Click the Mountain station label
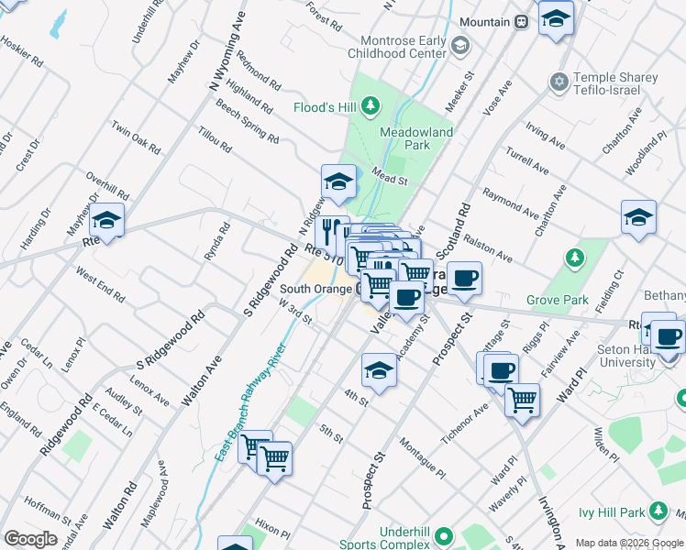coord(484,21)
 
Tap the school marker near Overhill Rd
coord(107,220)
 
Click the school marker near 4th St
coord(378,370)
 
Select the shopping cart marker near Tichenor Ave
coord(521,399)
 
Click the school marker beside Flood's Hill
coord(338,181)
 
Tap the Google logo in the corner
coord(30,539)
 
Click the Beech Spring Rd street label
coord(247,122)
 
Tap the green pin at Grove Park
coord(574,256)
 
